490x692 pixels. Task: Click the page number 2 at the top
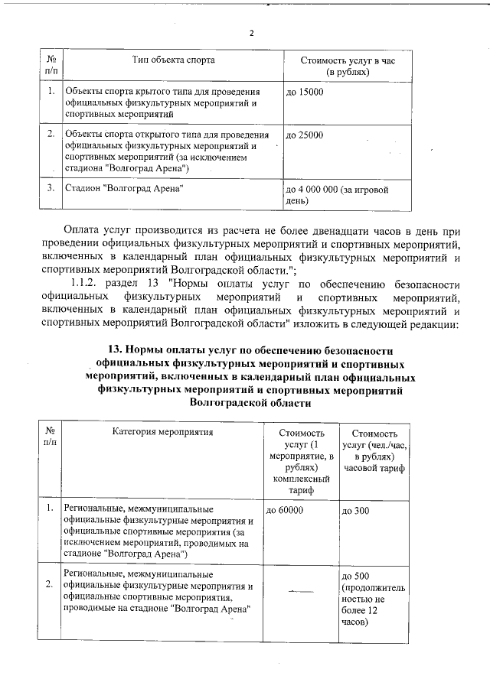(x=251, y=33)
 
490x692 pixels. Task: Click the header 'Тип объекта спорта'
(x=173, y=59)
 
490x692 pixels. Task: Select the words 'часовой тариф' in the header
(x=375, y=467)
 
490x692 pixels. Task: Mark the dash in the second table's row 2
(x=300, y=590)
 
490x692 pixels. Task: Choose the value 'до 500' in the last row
(x=357, y=575)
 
